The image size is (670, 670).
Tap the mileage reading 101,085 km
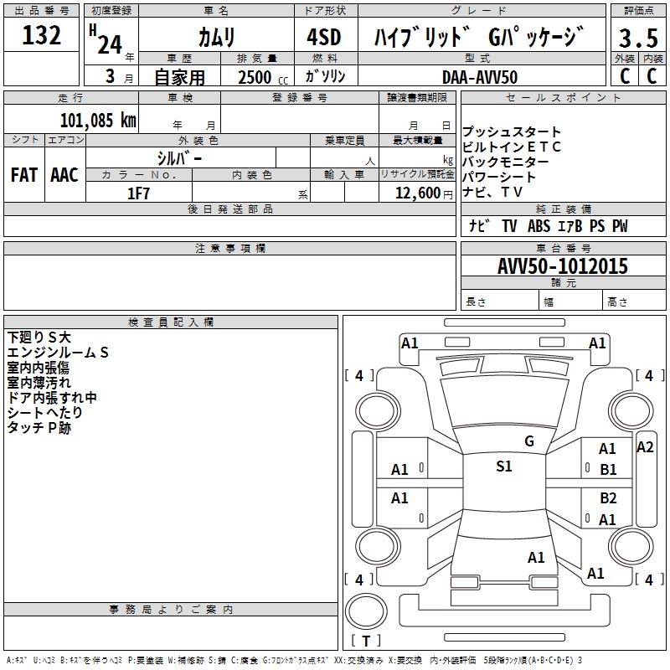98,120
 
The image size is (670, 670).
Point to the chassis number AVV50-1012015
562,266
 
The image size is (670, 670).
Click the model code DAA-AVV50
480,76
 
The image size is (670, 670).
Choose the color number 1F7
138,193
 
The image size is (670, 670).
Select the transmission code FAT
23,174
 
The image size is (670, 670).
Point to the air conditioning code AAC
64,174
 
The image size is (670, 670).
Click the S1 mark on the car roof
503,466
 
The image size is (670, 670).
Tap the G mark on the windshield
528,441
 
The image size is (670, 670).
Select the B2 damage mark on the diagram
608,498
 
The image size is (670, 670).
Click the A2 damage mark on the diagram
645,447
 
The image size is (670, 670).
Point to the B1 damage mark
608,470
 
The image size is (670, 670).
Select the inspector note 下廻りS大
39,337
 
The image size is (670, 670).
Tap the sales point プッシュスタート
512,132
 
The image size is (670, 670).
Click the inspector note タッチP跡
39,427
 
